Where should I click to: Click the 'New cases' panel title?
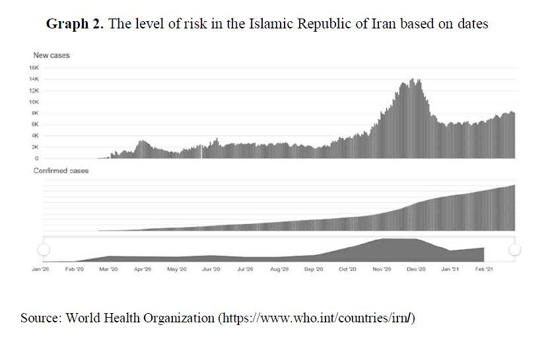tap(51, 55)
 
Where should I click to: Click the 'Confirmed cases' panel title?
tap(61, 170)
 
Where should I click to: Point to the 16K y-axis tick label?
tap(34, 68)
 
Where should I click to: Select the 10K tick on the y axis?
tap(34, 102)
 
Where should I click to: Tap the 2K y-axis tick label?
tap(35, 147)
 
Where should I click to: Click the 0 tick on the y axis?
tap(37, 159)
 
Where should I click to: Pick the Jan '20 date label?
tap(41, 270)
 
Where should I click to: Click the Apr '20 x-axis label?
tap(143, 270)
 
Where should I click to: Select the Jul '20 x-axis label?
tap(245, 270)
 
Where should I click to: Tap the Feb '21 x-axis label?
tap(484, 270)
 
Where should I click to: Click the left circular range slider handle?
tap(44, 249)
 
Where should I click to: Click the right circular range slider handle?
tap(516, 249)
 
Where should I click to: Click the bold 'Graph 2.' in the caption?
tap(75, 24)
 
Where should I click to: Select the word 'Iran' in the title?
tap(397, 24)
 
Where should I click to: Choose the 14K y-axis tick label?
tap(34, 79)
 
